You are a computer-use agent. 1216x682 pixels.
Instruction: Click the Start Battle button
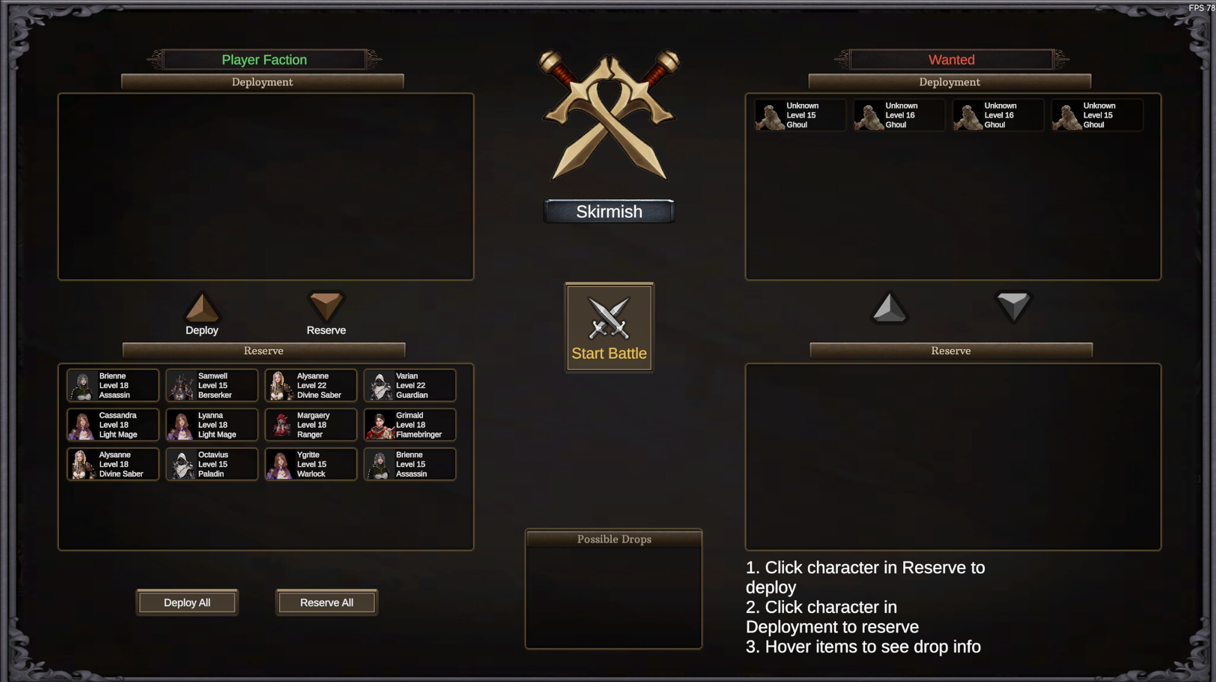pyautogui.click(x=609, y=328)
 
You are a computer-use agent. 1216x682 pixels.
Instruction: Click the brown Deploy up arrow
pyautogui.click(x=202, y=308)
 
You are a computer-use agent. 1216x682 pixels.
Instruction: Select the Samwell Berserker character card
pyautogui.click(x=212, y=385)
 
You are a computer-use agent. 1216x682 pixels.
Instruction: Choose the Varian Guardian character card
pyautogui.click(x=410, y=385)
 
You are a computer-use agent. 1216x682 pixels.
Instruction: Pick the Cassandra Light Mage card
pyautogui.click(x=113, y=425)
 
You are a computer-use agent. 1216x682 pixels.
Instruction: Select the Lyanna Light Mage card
pyautogui.click(x=212, y=425)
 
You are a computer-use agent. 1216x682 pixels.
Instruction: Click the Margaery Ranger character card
pyautogui.click(x=310, y=425)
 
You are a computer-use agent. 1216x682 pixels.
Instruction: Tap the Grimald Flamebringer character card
pyautogui.click(x=410, y=425)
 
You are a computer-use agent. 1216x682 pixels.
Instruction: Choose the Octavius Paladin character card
pyautogui.click(x=212, y=464)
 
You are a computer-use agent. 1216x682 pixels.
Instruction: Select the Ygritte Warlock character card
pyautogui.click(x=310, y=464)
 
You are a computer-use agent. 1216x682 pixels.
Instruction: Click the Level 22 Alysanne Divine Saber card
pyautogui.click(x=310, y=385)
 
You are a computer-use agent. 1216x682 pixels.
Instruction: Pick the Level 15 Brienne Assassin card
pyautogui.click(x=410, y=464)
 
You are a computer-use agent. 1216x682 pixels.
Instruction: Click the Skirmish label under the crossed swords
pyautogui.click(x=609, y=212)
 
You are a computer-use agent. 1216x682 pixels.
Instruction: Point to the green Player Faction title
pyautogui.click(x=264, y=60)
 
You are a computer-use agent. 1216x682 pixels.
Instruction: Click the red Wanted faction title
pyautogui.click(x=951, y=60)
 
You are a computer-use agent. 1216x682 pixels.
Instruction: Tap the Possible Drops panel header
pyautogui.click(x=614, y=539)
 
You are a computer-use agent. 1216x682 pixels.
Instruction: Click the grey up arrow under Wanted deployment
pyautogui.click(x=889, y=308)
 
